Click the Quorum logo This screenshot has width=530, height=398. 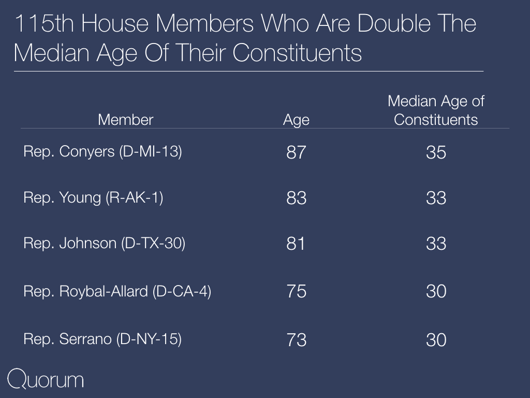(x=46, y=379)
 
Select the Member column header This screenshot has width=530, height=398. (x=125, y=120)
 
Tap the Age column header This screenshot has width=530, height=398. (x=296, y=120)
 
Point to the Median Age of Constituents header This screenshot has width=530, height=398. (x=436, y=110)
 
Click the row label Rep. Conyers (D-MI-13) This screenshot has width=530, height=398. (x=102, y=152)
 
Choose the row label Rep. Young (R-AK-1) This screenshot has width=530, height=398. (x=93, y=197)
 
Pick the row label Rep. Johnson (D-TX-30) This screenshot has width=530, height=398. (x=104, y=244)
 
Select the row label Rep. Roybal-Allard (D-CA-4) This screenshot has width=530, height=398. (x=117, y=291)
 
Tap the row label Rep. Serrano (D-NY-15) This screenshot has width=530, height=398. (x=102, y=339)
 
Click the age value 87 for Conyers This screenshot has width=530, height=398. (x=296, y=152)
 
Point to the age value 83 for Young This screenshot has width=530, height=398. (x=296, y=198)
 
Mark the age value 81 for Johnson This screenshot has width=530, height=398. (x=296, y=244)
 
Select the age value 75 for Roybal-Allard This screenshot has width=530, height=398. (x=296, y=291)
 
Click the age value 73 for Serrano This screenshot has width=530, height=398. (x=296, y=340)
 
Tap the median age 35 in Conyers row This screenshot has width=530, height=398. (x=436, y=152)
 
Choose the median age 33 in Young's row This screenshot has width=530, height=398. (x=436, y=198)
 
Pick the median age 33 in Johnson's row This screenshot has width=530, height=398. (x=436, y=244)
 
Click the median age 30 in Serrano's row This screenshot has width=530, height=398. (x=436, y=340)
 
